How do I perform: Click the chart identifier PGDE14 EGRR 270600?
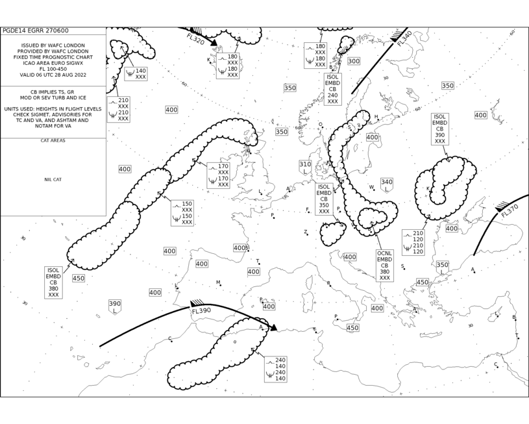tap(36, 31)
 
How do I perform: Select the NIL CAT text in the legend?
tap(53, 180)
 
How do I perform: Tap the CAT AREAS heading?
tap(53, 140)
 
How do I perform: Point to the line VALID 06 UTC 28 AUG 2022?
tap(53, 75)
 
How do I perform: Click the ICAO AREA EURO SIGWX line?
tap(53, 63)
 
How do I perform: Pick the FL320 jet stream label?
tap(195, 38)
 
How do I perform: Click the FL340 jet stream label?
tap(404, 39)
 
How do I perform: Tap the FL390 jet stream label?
tap(201, 310)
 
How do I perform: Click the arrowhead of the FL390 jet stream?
tap(274, 328)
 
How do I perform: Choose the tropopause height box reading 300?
tap(354, 61)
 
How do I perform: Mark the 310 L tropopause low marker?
tap(305, 168)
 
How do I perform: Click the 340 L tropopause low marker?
tap(387, 185)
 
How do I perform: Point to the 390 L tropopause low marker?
tap(115, 307)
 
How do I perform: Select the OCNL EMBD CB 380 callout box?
tap(385, 266)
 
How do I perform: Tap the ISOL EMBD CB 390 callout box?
tap(440, 129)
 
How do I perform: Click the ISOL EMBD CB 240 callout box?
tap(332, 89)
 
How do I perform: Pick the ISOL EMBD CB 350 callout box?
tap(324, 199)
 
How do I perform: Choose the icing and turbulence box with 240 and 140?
tap(276, 369)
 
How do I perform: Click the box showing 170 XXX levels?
tap(218, 175)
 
